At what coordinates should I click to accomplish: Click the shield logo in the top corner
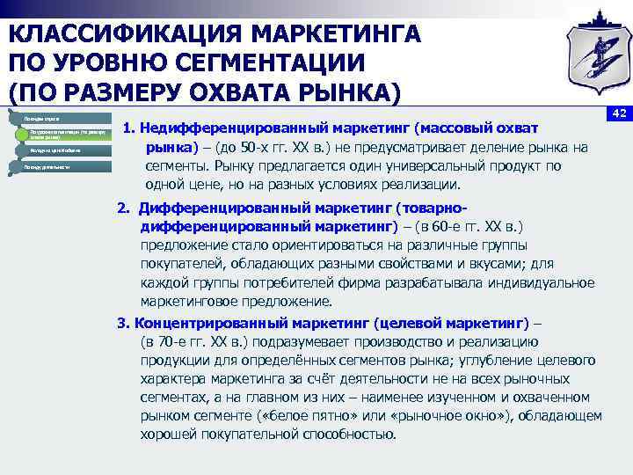pos(592,55)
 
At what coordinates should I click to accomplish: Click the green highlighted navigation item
pos(66,135)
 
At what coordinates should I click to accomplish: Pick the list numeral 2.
pos(123,208)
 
